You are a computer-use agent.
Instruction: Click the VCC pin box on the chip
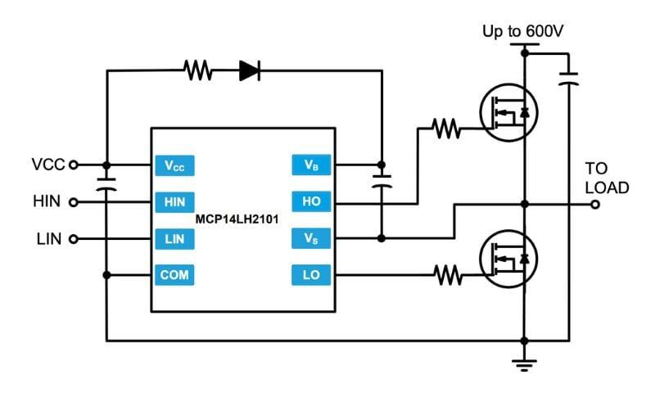(174, 165)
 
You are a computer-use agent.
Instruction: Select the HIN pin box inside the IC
(174, 202)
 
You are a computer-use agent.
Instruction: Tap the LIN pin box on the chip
(174, 239)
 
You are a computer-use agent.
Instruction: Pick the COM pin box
(174, 276)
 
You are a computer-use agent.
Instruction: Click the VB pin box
(311, 165)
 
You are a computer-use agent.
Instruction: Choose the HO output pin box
(311, 202)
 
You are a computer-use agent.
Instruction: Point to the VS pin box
(311, 239)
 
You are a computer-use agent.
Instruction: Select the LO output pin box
(311, 276)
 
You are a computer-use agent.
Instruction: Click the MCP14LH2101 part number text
(238, 220)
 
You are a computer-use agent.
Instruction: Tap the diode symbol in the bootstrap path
(250, 71)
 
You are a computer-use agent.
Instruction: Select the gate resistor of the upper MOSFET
(445, 128)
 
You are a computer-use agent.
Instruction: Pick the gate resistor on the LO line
(445, 276)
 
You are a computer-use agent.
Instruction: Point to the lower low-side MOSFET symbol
(504, 261)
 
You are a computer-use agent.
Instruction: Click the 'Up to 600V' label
(524, 32)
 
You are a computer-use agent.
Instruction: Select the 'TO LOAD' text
(607, 178)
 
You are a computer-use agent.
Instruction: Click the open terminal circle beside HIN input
(74, 202)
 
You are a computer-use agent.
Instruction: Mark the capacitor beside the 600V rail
(568, 79)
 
